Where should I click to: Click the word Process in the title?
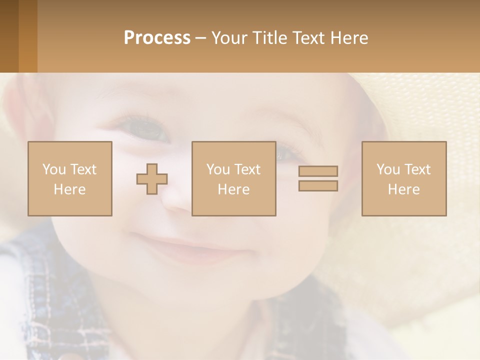[x=157, y=38]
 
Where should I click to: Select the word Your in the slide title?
[x=229, y=38]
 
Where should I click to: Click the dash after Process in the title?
[x=201, y=38]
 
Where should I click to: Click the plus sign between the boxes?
[x=152, y=179]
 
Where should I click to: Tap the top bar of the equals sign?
[x=318, y=171]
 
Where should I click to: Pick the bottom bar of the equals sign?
[x=318, y=185]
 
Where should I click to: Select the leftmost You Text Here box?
[x=70, y=178]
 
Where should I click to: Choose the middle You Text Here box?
[x=234, y=178]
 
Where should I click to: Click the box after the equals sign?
[x=404, y=178]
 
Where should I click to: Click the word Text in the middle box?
[x=247, y=169]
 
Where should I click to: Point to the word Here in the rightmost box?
[x=403, y=189]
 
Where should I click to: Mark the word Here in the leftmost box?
[x=69, y=189]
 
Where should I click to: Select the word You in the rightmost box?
[x=388, y=169]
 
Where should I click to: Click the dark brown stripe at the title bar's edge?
[x=9, y=36]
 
